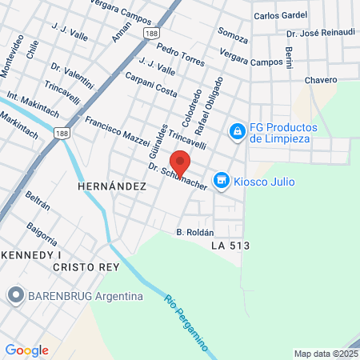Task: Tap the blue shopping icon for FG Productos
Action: pyautogui.click(x=237, y=130)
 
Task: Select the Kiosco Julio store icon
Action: pyautogui.click(x=222, y=182)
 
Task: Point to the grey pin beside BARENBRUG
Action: pyautogui.click(x=15, y=296)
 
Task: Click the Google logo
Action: pyautogui.click(x=26, y=350)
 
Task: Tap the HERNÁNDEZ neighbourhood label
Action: pyautogui.click(x=111, y=186)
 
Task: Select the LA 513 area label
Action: pyautogui.click(x=230, y=246)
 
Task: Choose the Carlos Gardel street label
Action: pyautogui.click(x=279, y=16)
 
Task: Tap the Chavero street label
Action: pyautogui.click(x=320, y=80)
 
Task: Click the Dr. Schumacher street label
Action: pyautogui.click(x=178, y=178)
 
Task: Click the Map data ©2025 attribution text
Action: pyautogui.click(x=326, y=353)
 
